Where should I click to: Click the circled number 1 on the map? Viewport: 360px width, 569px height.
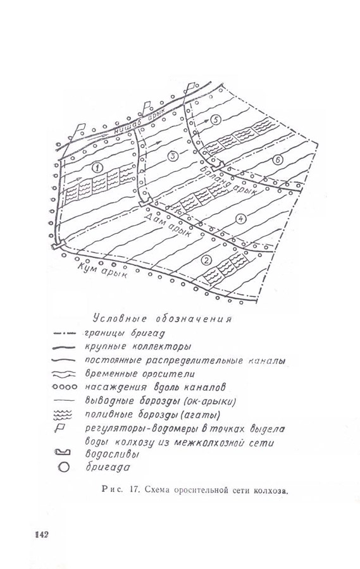coord(97,168)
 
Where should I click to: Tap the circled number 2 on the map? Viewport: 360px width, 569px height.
coord(206,260)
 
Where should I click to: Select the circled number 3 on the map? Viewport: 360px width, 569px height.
coord(173,156)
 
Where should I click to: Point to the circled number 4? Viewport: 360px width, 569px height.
coord(240,219)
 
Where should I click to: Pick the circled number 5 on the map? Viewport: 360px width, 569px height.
coord(216,119)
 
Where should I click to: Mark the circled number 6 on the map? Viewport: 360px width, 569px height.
coord(278,160)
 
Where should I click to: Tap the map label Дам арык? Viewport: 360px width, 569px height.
coord(168,225)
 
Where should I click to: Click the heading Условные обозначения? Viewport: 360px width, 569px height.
coord(162,319)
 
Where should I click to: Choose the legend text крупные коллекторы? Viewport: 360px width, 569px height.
coord(138,346)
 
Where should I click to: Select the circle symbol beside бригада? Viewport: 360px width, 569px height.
coord(63,467)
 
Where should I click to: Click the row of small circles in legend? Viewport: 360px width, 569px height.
coord(65,387)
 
